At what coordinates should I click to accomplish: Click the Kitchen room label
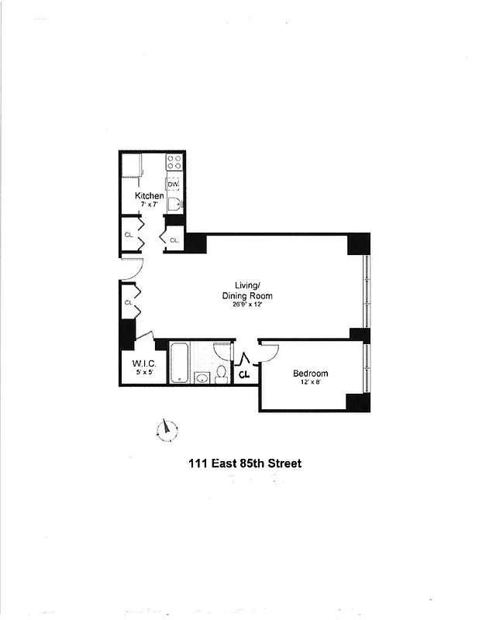[150, 196]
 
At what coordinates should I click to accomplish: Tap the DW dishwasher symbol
[174, 184]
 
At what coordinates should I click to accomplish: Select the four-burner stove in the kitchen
[174, 163]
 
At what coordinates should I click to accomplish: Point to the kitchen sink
[174, 205]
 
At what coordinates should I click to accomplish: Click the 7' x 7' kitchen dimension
[150, 205]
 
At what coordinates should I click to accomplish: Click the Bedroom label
[310, 374]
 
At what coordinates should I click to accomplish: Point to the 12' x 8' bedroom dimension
[310, 383]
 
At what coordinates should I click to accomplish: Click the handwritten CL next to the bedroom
[244, 375]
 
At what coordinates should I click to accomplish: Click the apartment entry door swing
[129, 270]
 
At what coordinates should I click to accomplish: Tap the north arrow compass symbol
[167, 429]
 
